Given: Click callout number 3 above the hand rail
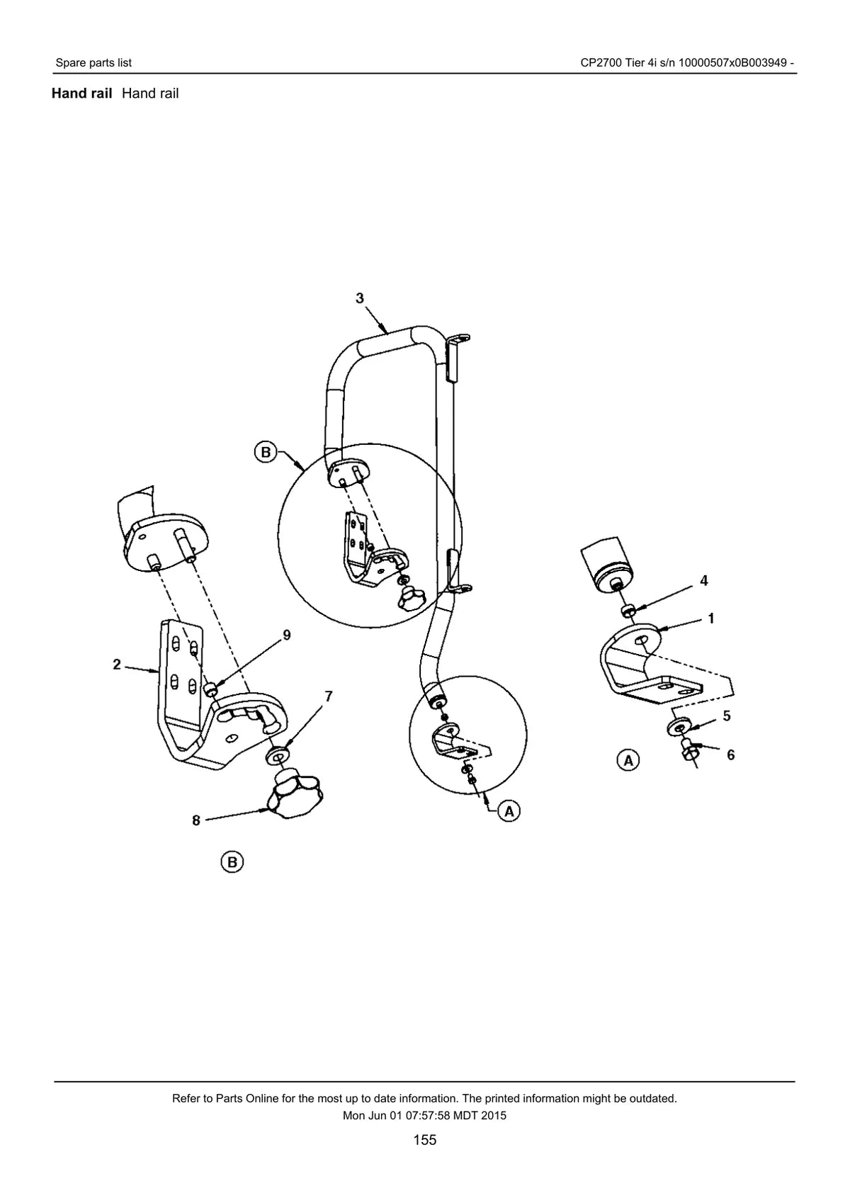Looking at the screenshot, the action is click(360, 298).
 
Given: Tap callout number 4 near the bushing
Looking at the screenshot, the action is click(703, 580).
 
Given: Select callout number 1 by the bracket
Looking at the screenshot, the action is click(711, 619).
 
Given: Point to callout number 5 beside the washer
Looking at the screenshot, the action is click(727, 716).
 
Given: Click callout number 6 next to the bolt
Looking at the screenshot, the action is click(731, 755).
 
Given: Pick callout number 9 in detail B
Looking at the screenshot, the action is click(288, 636).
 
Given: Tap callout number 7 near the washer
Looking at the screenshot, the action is click(329, 696).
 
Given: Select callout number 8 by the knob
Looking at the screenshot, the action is click(196, 820).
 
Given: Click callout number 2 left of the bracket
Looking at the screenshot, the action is click(116, 665).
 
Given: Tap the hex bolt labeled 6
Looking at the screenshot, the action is click(689, 753).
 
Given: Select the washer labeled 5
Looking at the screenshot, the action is click(679, 728).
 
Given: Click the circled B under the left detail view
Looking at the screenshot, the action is click(232, 862).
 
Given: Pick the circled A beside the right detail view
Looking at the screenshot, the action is click(628, 760).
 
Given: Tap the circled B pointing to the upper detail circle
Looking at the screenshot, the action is click(265, 452).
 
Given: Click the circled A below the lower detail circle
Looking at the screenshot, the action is click(509, 811).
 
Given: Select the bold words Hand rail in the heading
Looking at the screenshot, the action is click(81, 94).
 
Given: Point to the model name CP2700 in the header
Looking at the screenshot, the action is click(600, 63).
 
